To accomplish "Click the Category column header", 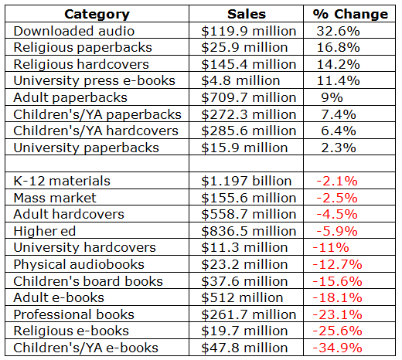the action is click(x=97, y=14).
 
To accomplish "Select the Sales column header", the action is click(x=247, y=14).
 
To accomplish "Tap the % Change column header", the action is click(x=350, y=14).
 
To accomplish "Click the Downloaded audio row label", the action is click(x=74, y=31).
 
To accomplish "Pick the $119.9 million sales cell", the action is click(x=249, y=31).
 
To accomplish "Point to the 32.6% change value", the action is click(x=338, y=31).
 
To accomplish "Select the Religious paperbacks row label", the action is click(x=83, y=48).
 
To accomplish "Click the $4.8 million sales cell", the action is click(x=240, y=81).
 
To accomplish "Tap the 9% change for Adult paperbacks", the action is click(x=332, y=97).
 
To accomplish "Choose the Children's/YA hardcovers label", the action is click(x=96, y=131).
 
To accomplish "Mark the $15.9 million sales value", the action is click(x=244, y=148).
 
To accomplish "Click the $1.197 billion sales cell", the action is click(x=247, y=181).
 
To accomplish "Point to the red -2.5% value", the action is click(x=337, y=198).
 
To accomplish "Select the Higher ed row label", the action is click(x=45, y=231).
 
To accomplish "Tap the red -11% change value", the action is click(x=331, y=247).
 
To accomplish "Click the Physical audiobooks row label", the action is click(x=79, y=265).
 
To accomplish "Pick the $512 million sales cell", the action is click(x=242, y=297).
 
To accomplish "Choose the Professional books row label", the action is click(x=74, y=314).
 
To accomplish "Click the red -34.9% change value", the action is click(x=338, y=348).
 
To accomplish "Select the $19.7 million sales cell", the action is click(x=244, y=331).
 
